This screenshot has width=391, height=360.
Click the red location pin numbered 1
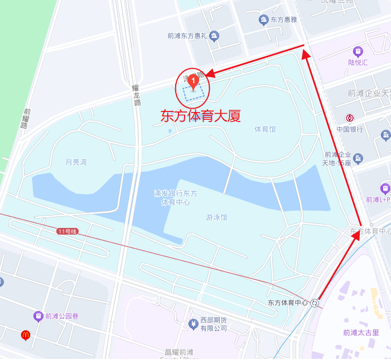click(x=193, y=82)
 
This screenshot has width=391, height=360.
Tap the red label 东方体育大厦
click(x=200, y=116)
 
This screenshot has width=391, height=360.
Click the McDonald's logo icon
click(x=25, y=335)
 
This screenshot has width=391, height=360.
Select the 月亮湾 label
click(x=76, y=163)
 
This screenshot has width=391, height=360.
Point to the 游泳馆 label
click(x=217, y=217)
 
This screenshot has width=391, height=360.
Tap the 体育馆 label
click(x=266, y=129)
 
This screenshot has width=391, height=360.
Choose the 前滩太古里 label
click(x=361, y=333)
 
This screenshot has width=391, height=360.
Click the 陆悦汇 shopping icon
click(x=358, y=52)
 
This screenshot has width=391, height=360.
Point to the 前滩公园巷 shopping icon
click(x=38, y=316)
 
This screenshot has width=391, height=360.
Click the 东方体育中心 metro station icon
click(x=316, y=303)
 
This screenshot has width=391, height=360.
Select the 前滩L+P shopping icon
click(x=385, y=188)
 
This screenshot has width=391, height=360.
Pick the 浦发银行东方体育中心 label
click(x=176, y=198)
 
